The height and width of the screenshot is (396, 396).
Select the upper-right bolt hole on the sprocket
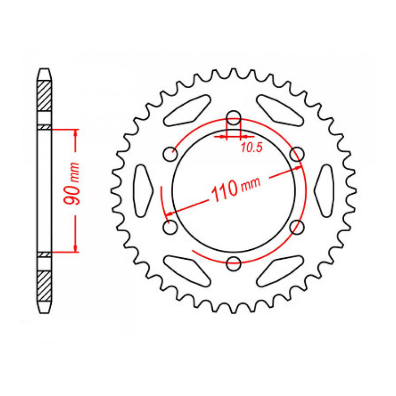click(297, 154)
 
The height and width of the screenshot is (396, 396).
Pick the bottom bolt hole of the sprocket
click(233, 262)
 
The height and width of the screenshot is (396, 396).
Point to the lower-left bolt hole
click(170, 228)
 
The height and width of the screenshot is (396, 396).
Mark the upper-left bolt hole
click(170, 155)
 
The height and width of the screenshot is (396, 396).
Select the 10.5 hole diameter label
click(251, 148)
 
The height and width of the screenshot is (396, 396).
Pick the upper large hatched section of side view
click(44, 95)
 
